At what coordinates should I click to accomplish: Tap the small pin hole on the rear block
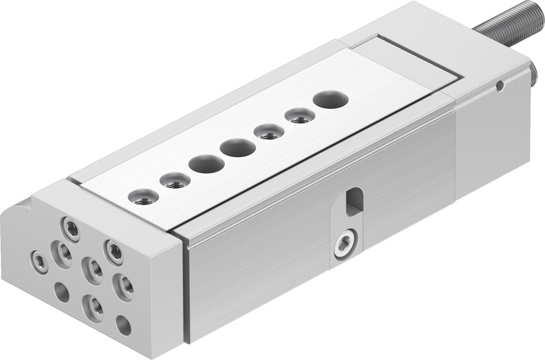click(x=499, y=85)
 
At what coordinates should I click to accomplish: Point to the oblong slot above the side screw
click(x=354, y=200)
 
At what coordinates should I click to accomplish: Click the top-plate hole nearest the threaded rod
click(x=331, y=100)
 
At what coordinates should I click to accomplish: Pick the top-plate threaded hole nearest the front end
click(x=143, y=197)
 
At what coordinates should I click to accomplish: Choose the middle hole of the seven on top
click(x=238, y=147)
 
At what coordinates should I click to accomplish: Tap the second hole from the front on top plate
click(x=175, y=181)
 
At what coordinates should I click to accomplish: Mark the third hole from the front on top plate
click(x=207, y=164)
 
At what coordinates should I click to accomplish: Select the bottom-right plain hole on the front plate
click(x=124, y=326)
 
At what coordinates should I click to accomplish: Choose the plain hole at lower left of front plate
click(x=62, y=293)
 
